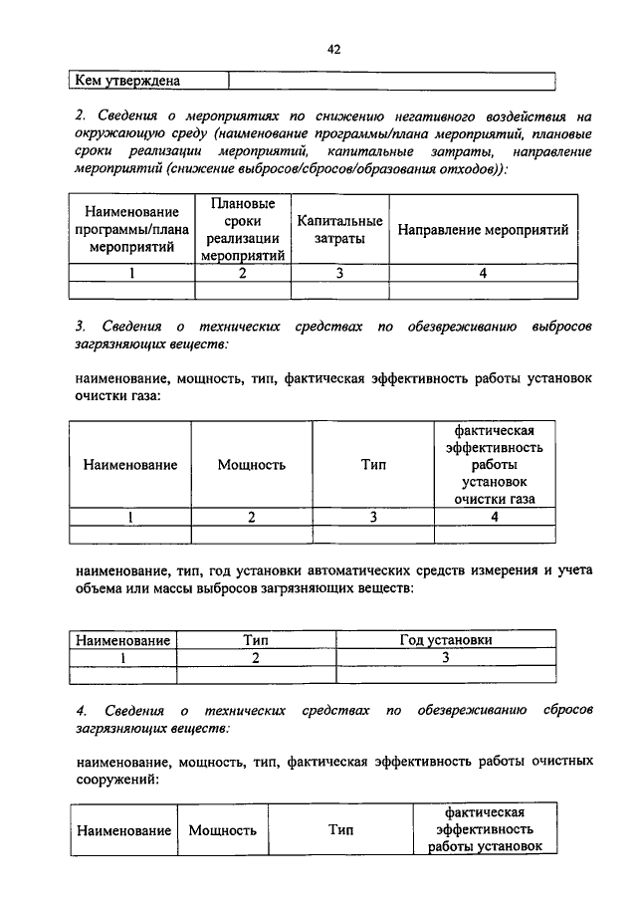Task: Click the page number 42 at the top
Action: [333, 49]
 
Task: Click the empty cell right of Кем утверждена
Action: [391, 82]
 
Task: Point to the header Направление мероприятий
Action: [483, 230]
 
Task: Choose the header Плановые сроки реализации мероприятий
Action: [243, 230]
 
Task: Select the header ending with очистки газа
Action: [495, 465]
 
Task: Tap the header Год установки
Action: [446, 641]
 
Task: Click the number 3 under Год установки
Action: [446, 657]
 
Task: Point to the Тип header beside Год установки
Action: [257, 641]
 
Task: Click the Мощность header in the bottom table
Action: [222, 829]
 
